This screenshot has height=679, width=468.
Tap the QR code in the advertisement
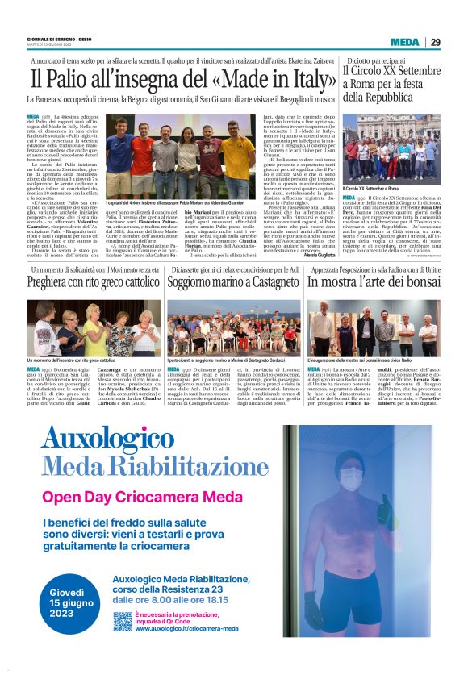[123, 622]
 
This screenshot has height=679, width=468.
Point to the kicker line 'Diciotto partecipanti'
[373, 60]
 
